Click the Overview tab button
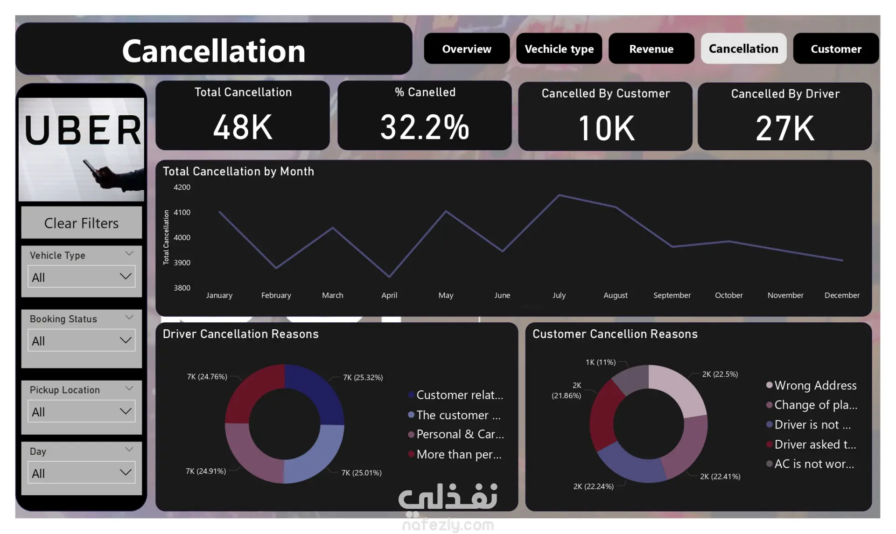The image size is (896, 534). point(466,49)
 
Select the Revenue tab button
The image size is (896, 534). point(651,49)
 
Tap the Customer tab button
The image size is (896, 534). point(835,49)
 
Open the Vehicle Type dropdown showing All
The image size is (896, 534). point(81,277)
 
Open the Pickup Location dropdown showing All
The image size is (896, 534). point(81,412)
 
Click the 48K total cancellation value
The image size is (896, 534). point(243,127)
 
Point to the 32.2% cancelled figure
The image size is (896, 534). point(424,127)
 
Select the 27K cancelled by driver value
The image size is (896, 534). point(784,128)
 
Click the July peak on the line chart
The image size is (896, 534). point(559,195)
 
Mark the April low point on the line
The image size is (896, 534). point(390,277)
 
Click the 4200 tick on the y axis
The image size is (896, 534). point(182,187)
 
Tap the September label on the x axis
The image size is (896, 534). point(672,295)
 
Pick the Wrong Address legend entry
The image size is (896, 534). point(815,386)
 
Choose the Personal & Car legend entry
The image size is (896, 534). point(460,434)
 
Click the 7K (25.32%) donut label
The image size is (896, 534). point(363,377)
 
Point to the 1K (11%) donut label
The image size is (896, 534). point(600,362)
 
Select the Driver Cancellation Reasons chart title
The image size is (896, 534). point(240,334)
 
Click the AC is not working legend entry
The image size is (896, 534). point(813,464)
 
